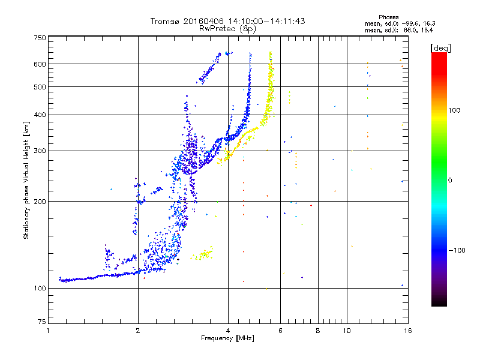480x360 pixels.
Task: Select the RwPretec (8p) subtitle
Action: point(227,29)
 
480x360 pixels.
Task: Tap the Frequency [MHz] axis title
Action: point(227,338)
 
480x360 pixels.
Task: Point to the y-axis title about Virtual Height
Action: point(26,180)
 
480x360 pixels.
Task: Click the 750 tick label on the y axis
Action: point(40,38)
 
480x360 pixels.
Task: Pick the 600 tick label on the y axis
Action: point(40,64)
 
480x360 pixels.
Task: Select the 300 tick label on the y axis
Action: point(40,151)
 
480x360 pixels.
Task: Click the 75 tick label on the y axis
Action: point(42,322)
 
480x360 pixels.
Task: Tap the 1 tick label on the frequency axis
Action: point(48,331)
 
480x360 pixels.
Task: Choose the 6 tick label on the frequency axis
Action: point(280,331)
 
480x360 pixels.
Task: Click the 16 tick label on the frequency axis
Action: point(408,331)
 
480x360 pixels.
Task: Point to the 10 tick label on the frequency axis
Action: point(347,331)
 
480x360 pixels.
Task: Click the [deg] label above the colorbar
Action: point(440,48)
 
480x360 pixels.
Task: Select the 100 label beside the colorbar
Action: point(454,110)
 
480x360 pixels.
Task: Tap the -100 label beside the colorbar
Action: point(457,250)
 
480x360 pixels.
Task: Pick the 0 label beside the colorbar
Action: point(450,180)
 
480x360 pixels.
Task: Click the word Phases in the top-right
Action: point(388,17)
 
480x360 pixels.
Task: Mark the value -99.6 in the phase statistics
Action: point(410,23)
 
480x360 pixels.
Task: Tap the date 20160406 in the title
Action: point(203,21)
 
